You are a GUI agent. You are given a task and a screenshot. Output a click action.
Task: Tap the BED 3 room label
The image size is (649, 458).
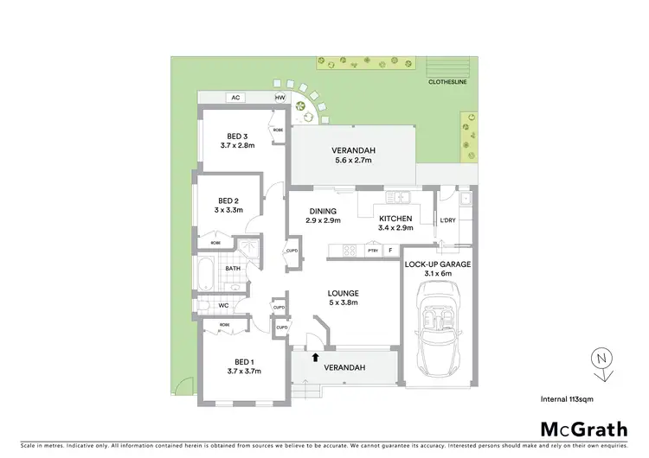coord(237,136)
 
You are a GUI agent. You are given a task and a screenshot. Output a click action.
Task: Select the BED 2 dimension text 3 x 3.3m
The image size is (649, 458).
coord(229,209)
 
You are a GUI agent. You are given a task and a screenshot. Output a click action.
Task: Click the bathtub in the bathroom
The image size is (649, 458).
coord(205,275)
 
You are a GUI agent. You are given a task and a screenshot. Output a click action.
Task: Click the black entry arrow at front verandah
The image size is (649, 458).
coord(315,355)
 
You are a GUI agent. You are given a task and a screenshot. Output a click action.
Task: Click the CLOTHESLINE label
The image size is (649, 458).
coord(448,83)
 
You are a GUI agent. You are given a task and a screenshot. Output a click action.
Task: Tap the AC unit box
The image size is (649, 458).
coord(235,99)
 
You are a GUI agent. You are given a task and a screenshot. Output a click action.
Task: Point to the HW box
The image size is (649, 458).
coord(280,99)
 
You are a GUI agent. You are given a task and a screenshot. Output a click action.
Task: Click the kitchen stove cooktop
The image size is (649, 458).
coord(350,251)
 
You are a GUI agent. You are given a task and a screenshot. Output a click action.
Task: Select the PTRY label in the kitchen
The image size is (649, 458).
coord(373,251)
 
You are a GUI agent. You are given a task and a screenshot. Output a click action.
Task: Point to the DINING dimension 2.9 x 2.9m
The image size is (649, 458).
coord(322,219)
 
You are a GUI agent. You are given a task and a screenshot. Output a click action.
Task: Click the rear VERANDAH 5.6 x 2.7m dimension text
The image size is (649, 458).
coord(351,160)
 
